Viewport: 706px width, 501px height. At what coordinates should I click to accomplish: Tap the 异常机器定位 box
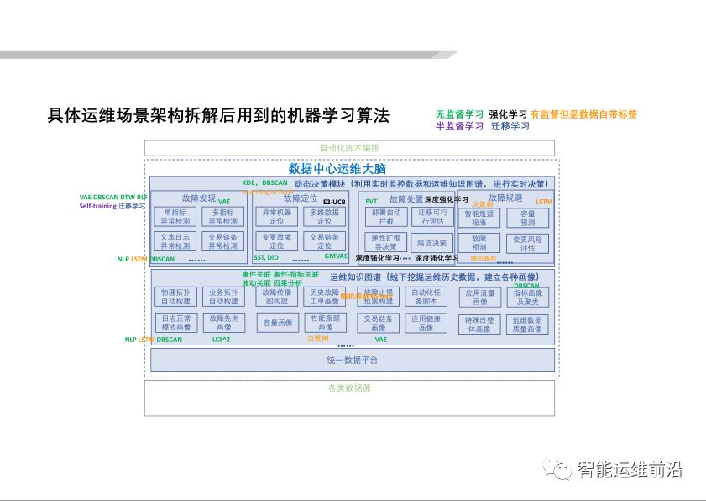(277, 217)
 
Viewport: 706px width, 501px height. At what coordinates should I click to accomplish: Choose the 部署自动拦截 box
(386, 217)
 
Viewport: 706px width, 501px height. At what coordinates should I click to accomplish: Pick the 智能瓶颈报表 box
(479, 218)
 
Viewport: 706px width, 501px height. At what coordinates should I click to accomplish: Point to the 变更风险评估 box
(527, 244)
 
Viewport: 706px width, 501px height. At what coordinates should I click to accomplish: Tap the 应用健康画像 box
(426, 323)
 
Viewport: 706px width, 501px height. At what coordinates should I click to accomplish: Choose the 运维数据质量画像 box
(527, 324)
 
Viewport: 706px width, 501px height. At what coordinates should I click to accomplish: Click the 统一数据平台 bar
(352, 360)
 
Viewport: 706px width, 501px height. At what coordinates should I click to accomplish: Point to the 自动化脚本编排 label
(349, 148)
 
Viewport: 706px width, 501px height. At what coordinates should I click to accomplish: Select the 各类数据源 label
(349, 388)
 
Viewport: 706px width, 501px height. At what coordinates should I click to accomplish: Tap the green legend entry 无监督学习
(459, 114)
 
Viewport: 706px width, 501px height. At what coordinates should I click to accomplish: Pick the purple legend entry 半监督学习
(459, 126)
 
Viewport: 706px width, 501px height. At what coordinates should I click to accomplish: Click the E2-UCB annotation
(334, 202)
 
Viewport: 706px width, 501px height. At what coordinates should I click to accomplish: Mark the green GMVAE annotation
(336, 256)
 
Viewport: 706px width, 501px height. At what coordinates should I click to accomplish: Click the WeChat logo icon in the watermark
(557, 469)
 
